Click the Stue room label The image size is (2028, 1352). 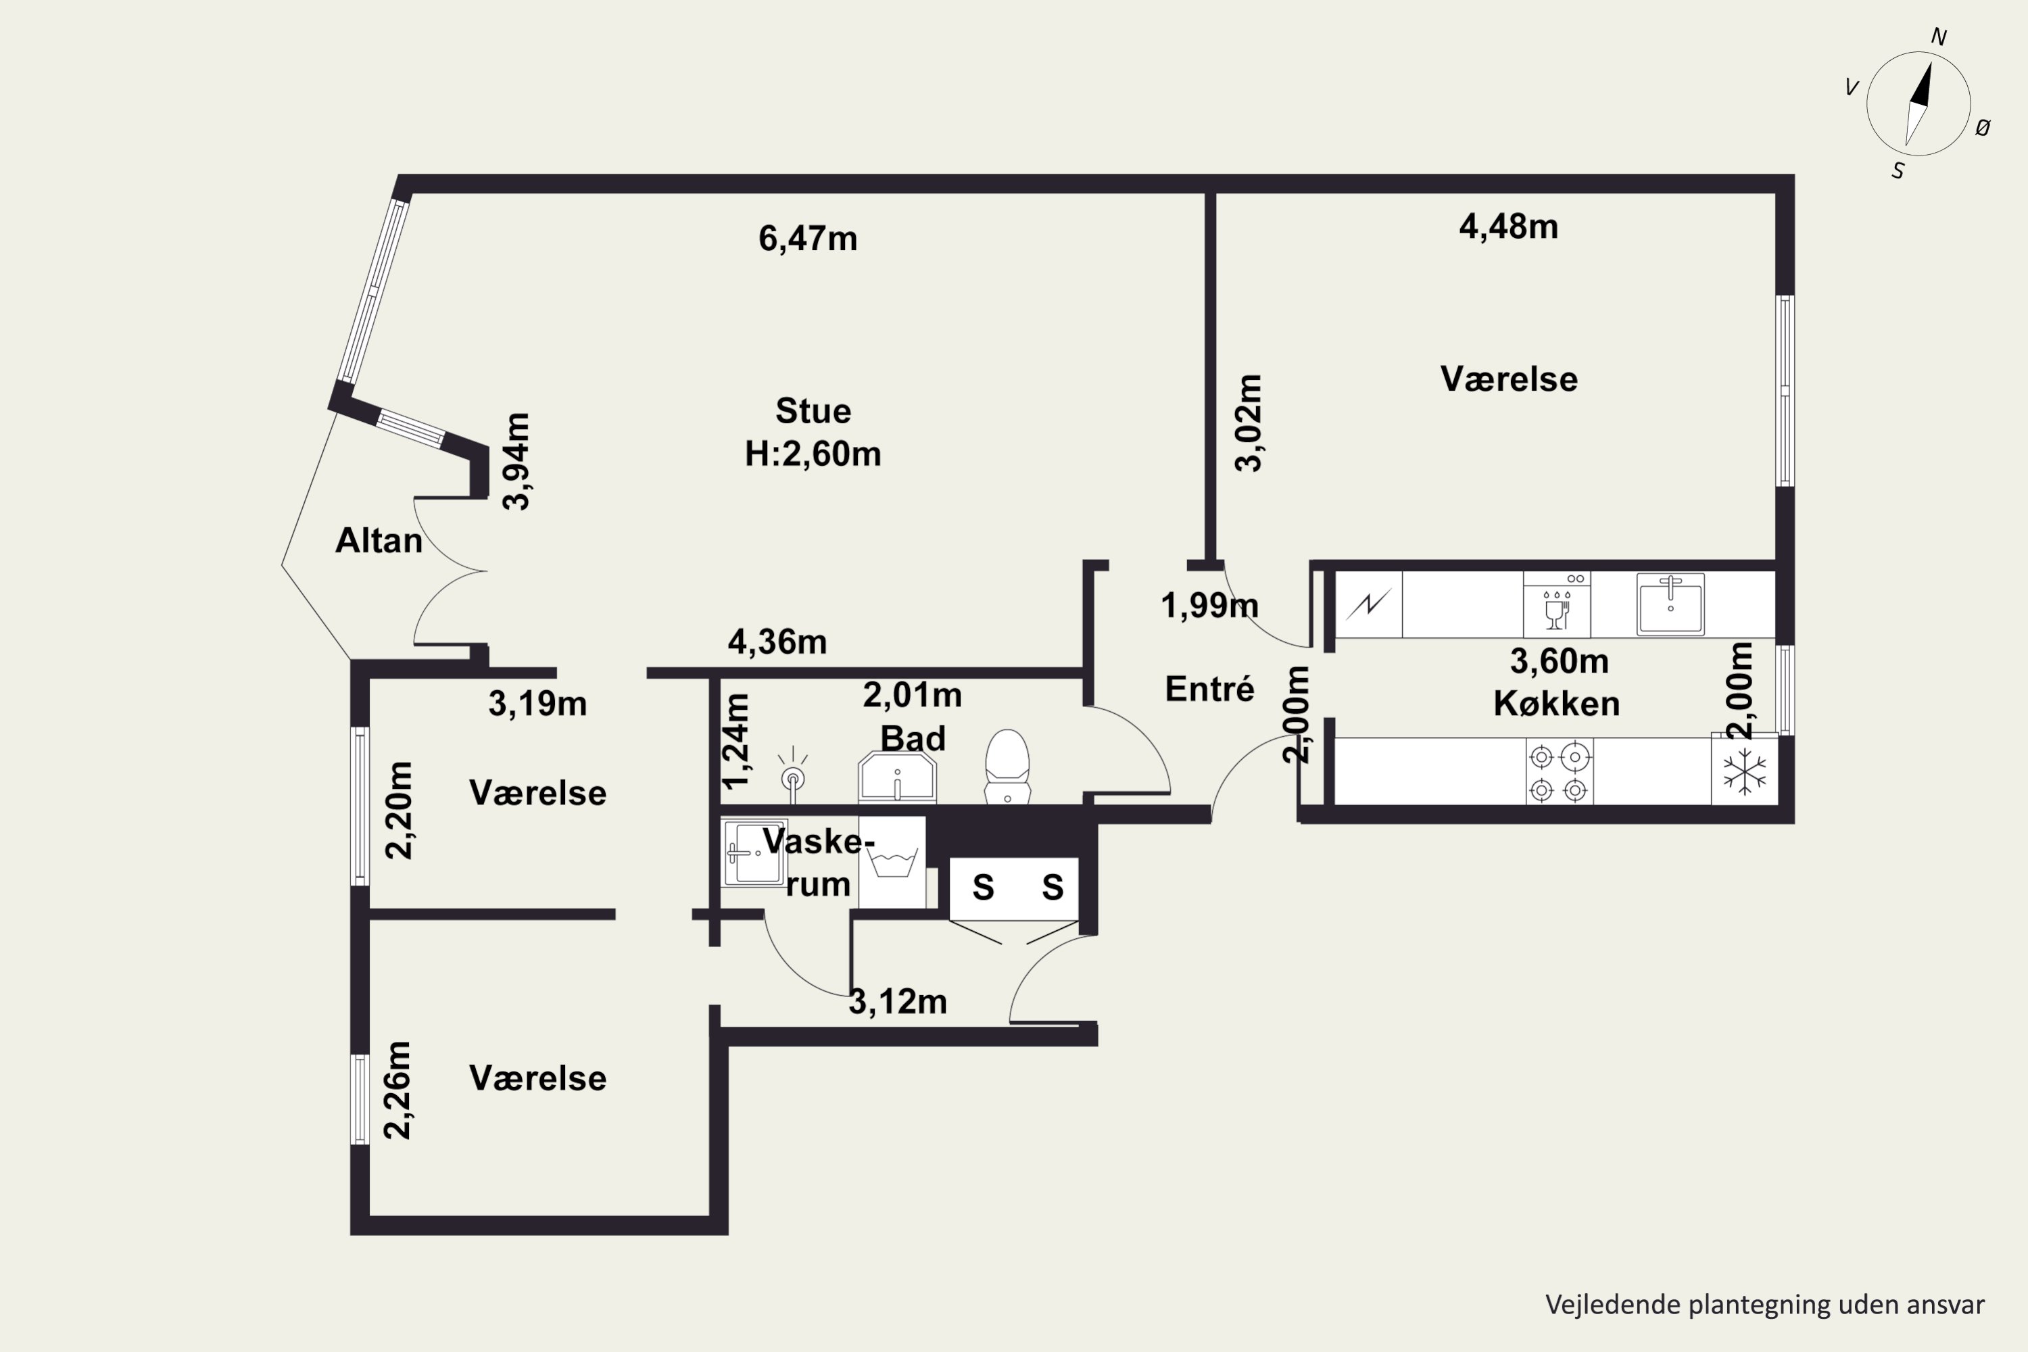pos(813,411)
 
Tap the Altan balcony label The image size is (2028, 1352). pos(379,541)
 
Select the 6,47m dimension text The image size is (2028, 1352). pos(808,239)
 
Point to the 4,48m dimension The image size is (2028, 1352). pos(1508,226)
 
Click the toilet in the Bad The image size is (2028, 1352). pos(1007,767)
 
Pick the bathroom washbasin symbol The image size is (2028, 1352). pos(897,777)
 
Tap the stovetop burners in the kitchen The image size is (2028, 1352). pos(1559,772)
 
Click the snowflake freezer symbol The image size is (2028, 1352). pos(1744,771)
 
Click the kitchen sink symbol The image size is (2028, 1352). pos(1670,604)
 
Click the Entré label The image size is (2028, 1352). pos(1210,689)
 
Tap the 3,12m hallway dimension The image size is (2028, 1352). pos(898,1002)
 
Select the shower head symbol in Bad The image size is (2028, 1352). pos(792,770)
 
